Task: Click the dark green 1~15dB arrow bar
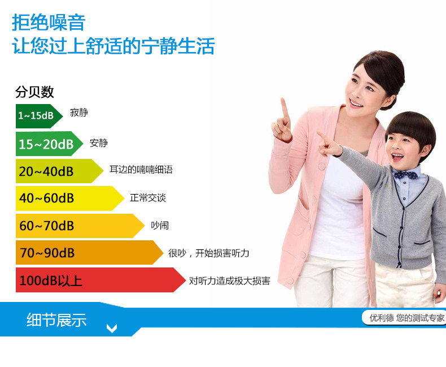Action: (x=39, y=116)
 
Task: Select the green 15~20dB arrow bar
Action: (x=49, y=144)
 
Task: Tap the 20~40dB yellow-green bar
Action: (x=59, y=171)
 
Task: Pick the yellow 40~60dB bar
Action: (x=69, y=198)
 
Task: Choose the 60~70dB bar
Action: (x=80, y=226)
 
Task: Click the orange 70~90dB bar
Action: (x=89, y=252)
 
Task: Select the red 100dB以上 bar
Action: (x=100, y=280)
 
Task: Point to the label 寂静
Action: (x=79, y=113)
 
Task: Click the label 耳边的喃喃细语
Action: (x=141, y=170)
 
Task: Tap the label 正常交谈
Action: (x=147, y=198)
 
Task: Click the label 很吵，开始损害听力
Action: (x=208, y=253)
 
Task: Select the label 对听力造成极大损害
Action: (x=229, y=281)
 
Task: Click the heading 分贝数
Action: (x=34, y=92)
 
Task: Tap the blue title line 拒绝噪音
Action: (x=49, y=22)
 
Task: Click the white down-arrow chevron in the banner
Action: (x=112, y=328)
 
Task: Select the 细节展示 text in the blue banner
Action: (x=56, y=319)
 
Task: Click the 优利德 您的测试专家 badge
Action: (x=404, y=318)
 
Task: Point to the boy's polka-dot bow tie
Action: (x=406, y=175)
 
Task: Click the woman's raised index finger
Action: (x=284, y=108)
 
